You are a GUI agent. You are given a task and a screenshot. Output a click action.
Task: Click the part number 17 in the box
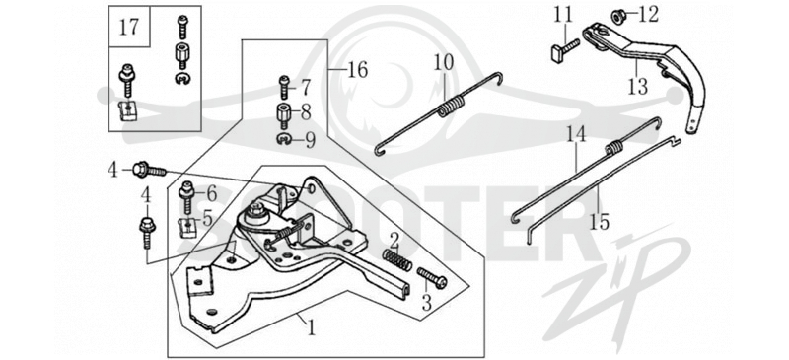click(129, 27)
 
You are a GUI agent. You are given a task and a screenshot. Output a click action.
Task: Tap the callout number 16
click(357, 70)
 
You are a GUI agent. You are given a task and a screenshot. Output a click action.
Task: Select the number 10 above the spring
click(444, 63)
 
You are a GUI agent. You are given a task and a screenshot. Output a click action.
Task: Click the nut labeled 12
click(618, 16)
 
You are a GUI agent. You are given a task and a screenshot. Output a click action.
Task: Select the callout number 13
click(638, 86)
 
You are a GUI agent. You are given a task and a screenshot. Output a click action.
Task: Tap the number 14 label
click(576, 134)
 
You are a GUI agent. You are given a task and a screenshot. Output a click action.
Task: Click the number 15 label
click(600, 221)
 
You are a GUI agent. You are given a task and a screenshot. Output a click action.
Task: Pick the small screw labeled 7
click(284, 87)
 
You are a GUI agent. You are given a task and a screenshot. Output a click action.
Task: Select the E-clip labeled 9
click(284, 139)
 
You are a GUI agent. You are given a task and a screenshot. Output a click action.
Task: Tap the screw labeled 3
click(432, 278)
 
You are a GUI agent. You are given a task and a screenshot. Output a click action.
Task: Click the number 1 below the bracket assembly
click(312, 328)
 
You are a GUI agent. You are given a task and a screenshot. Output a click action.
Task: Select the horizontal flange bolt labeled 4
click(150, 171)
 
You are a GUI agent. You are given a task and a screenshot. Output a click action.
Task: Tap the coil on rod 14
click(613, 148)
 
